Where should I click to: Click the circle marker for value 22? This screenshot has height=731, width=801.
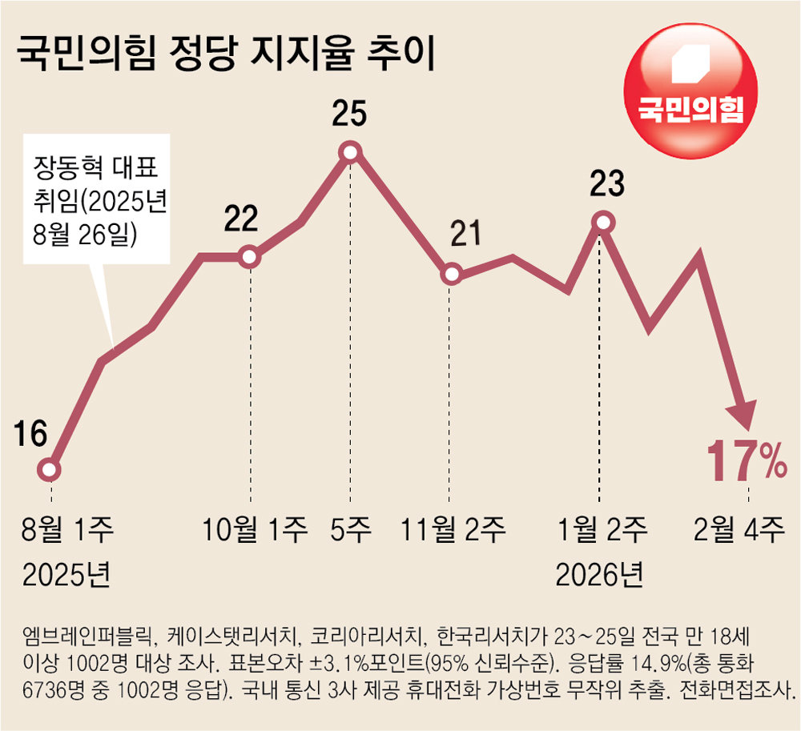[249, 257]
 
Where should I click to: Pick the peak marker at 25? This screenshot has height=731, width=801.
[350, 151]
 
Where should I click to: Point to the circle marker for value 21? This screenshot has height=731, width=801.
[452, 275]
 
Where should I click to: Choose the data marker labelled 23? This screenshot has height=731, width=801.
[604, 222]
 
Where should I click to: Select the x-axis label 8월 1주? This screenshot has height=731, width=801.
[69, 529]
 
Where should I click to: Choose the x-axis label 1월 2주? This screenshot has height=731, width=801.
[602, 529]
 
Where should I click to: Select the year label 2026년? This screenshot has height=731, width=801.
[599, 573]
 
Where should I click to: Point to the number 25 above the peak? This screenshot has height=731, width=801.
[349, 114]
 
